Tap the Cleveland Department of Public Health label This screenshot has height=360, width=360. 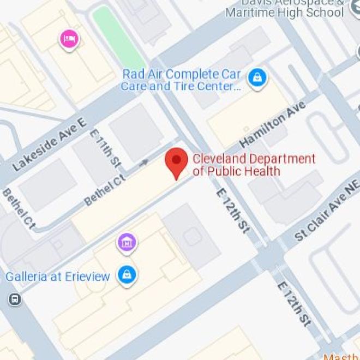(254, 165)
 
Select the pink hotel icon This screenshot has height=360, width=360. (69, 39)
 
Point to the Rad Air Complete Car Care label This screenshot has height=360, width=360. (182, 80)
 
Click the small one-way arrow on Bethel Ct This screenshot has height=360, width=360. (143, 163)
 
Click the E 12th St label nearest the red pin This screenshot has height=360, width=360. (232, 212)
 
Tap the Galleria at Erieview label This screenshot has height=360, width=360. (58, 276)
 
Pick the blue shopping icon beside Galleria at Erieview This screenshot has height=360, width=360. (127, 274)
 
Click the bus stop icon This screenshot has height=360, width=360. (15, 299)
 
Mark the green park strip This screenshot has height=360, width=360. (117, 35)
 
